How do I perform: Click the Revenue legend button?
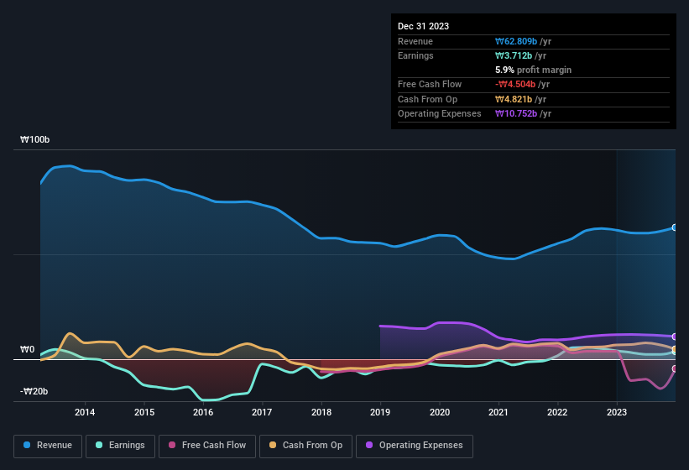coord(48,446)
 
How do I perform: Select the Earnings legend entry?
coord(120,446)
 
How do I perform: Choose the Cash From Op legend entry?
coord(305,446)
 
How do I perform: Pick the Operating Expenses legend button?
coord(415,446)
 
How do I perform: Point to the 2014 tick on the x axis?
coord(85,412)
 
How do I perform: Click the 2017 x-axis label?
coord(262,412)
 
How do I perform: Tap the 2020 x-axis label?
coord(439,412)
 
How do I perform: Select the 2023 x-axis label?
coord(617,412)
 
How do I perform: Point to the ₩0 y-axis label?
coord(27,349)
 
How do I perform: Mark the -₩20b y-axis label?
coord(34,392)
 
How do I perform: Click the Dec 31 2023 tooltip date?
coord(423,26)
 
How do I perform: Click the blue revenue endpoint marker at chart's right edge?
coord(675,227)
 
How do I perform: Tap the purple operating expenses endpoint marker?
coord(675,337)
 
